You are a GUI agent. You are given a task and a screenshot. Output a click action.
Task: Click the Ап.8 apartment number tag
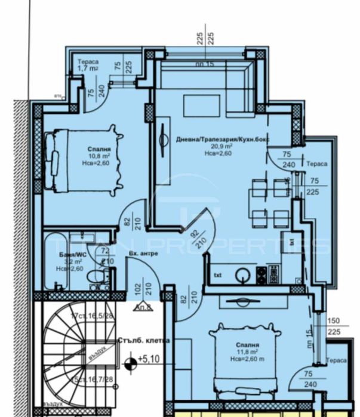coord(143,308)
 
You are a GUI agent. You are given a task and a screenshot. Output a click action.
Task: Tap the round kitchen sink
coord(244,276)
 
